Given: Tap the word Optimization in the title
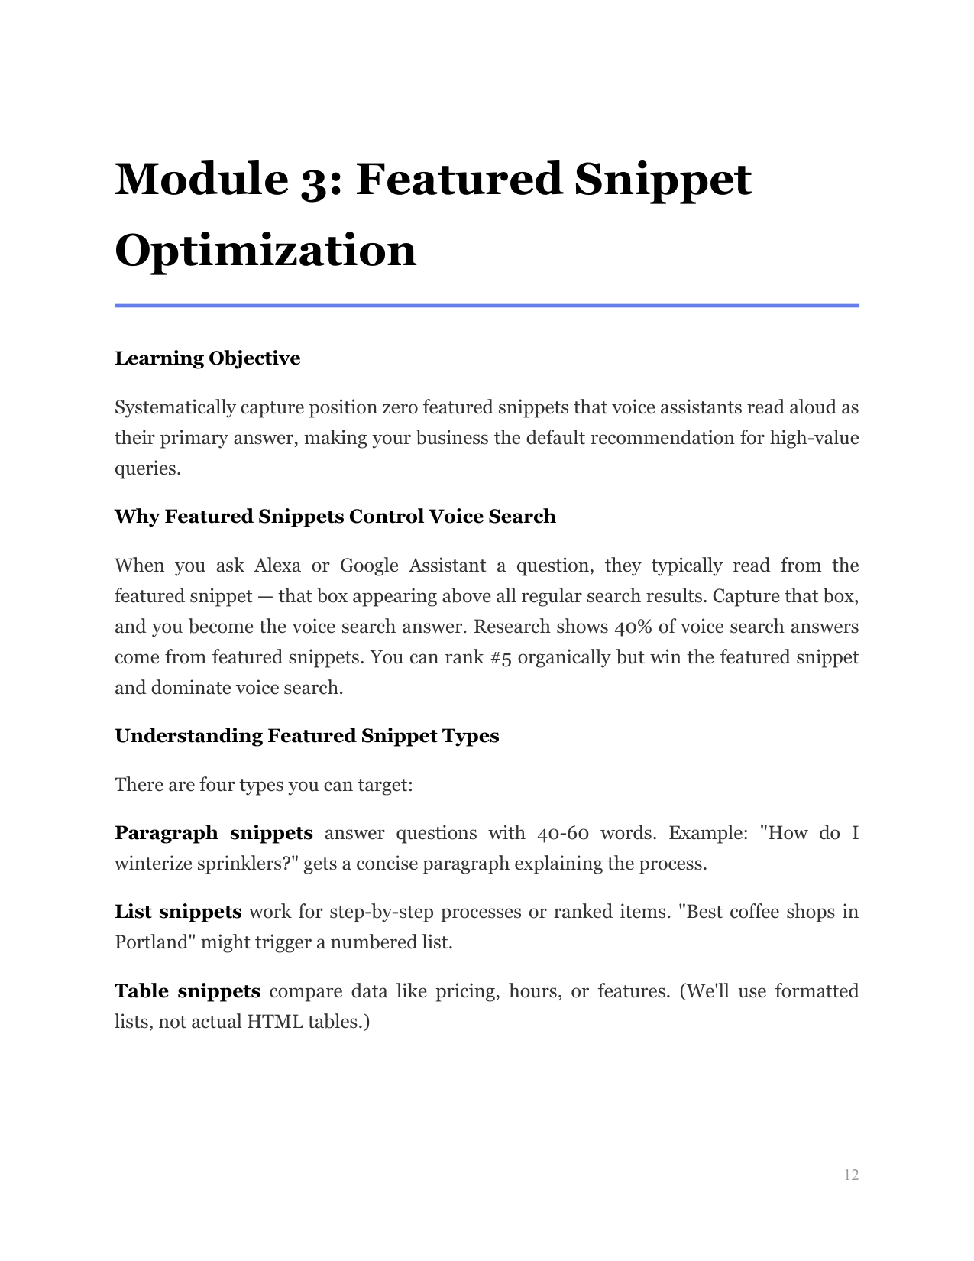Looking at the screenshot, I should [265, 251].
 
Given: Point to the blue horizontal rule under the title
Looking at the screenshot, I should [487, 306].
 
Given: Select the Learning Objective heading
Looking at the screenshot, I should [207, 358].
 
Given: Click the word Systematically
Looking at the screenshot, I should [175, 407].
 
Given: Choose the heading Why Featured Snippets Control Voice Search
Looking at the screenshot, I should [335, 517].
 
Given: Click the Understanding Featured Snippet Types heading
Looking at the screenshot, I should [306, 736].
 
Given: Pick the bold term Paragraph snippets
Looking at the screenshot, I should [213, 833].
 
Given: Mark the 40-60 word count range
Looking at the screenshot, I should [562, 833].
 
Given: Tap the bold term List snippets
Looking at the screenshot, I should [178, 912].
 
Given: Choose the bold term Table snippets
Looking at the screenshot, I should [187, 991].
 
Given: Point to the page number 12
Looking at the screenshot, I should [851, 1175].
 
